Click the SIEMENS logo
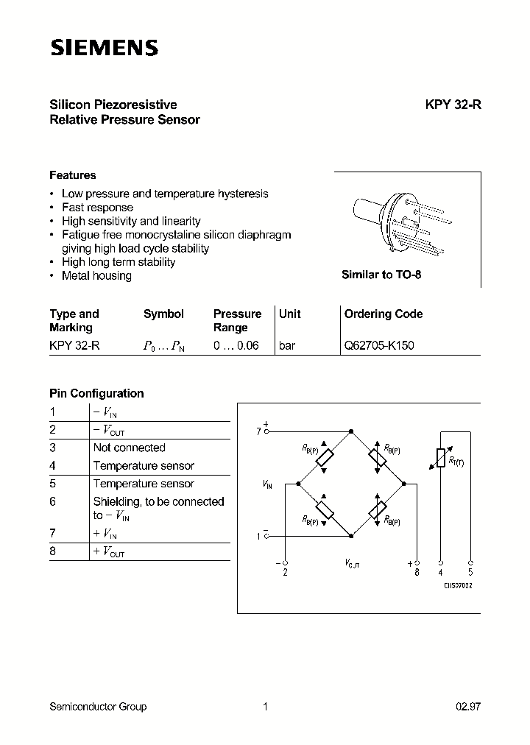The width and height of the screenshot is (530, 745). (x=104, y=49)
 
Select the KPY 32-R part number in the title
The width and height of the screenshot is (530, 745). (x=453, y=105)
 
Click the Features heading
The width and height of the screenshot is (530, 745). (x=72, y=175)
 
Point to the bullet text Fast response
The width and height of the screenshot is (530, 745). (x=97, y=208)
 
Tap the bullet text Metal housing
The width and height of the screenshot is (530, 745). (x=96, y=275)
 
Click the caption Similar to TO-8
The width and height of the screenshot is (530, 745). (x=381, y=275)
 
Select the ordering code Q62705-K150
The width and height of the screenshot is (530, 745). (x=379, y=345)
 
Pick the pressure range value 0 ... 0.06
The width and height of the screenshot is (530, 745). (x=236, y=345)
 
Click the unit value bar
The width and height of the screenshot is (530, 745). (x=287, y=345)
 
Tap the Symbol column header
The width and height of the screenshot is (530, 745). (x=163, y=314)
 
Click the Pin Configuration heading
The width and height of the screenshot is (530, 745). (x=96, y=393)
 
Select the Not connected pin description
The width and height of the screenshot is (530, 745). (x=129, y=448)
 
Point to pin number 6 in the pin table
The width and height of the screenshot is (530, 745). (x=53, y=501)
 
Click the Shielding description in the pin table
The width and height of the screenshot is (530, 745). (x=158, y=508)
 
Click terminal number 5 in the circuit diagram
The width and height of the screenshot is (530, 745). (x=470, y=572)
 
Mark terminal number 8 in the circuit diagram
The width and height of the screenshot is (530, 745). (x=417, y=572)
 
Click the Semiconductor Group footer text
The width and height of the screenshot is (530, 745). (x=98, y=707)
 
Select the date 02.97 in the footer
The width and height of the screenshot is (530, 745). (x=467, y=707)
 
